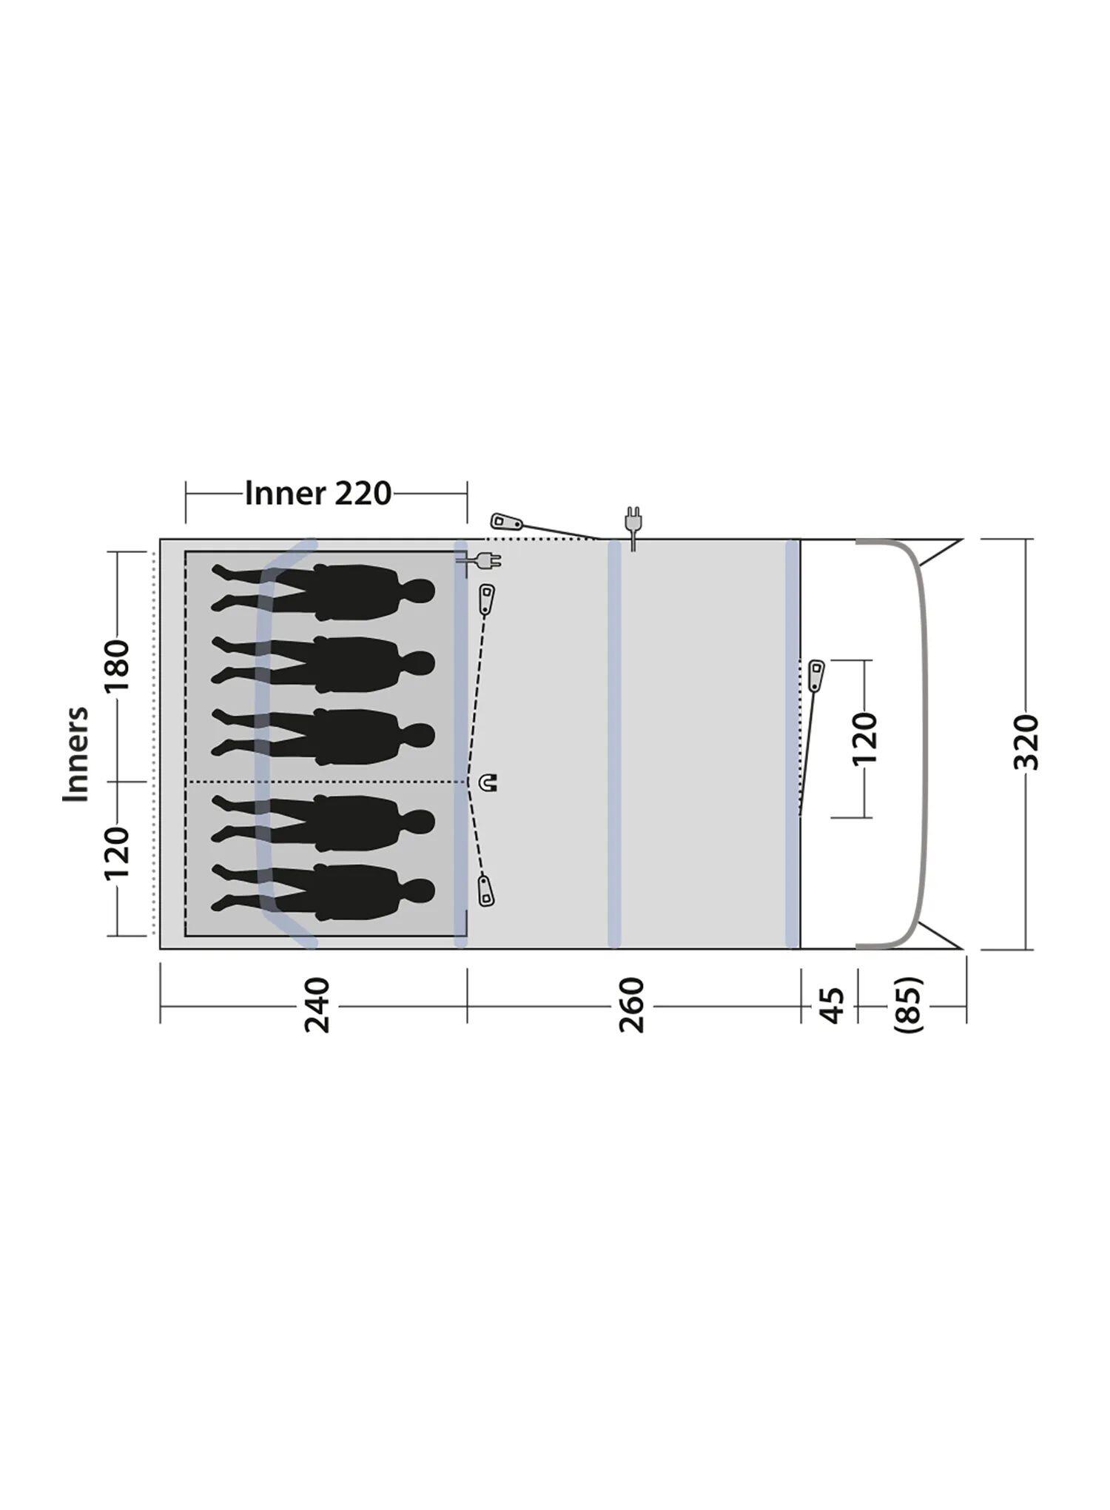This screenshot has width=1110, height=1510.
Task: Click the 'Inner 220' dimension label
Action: pos(318,493)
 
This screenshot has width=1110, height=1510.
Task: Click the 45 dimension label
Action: pos(833,1004)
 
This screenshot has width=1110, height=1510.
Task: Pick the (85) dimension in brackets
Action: pos(909,1004)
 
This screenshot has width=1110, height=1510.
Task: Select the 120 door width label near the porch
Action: pos(864,739)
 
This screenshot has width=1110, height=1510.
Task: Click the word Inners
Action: pos(75,754)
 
